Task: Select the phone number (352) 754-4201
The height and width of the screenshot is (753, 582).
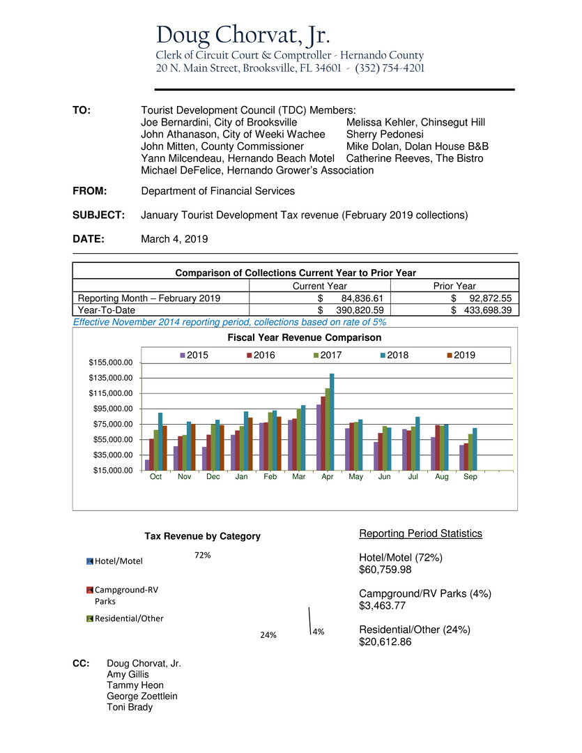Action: [390, 68]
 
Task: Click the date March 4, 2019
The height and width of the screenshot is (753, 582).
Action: [174, 238]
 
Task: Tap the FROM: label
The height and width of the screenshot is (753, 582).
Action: [94, 191]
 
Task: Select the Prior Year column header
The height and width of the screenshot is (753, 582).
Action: [454, 286]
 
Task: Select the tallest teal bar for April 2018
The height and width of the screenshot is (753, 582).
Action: [332, 421]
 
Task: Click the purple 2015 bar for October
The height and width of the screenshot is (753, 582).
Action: [147, 464]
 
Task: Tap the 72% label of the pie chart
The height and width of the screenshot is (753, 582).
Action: [203, 556]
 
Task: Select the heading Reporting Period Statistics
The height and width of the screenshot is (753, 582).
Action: [420, 533]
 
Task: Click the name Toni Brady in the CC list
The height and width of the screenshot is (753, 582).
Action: [129, 707]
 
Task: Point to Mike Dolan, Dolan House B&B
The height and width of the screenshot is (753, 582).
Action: [417, 146]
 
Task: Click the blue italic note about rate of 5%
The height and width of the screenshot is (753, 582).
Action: [229, 322]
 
